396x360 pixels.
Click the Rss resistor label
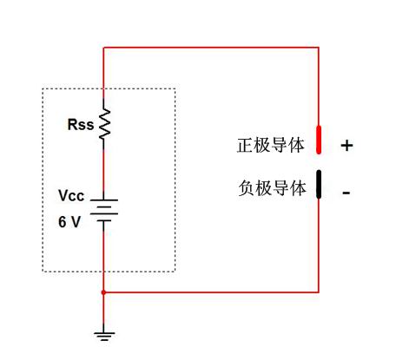coord(81,124)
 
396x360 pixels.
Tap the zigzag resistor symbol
coord(104,124)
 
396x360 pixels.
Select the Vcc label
coord(71,195)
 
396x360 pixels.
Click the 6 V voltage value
coord(69,222)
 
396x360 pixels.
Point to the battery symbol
coord(104,210)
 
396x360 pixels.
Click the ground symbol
coord(104,337)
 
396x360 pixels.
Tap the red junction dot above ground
coord(103,292)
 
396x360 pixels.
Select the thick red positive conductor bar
coord(319,140)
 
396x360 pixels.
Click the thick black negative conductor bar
coord(319,185)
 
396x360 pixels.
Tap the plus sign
coord(346,145)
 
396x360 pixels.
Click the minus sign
coord(346,193)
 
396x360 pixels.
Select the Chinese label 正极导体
coord(271,145)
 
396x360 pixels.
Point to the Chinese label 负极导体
coord(272,188)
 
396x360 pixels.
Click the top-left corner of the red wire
coord(103,47)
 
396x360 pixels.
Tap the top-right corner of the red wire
coord(319,47)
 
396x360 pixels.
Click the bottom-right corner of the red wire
coord(319,292)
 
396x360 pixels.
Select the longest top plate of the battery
coord(104,200)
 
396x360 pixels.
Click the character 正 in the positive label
coord(245,145)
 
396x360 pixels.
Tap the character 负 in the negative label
coord(247,188)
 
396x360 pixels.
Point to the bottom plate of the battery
coord(104,221)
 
